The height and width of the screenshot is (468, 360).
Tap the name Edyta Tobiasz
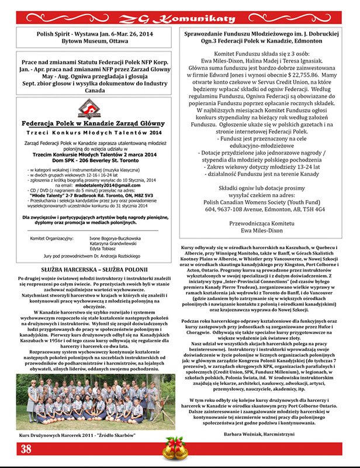[x=106, y=232]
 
